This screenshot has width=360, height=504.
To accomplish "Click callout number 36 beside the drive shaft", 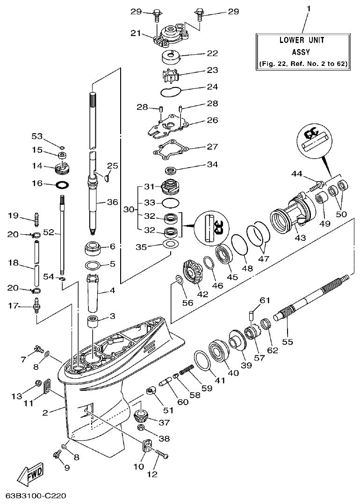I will pos(113,202).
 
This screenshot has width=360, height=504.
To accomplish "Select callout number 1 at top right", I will pos(308,9).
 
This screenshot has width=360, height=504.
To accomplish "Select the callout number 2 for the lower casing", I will pos(45,412).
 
